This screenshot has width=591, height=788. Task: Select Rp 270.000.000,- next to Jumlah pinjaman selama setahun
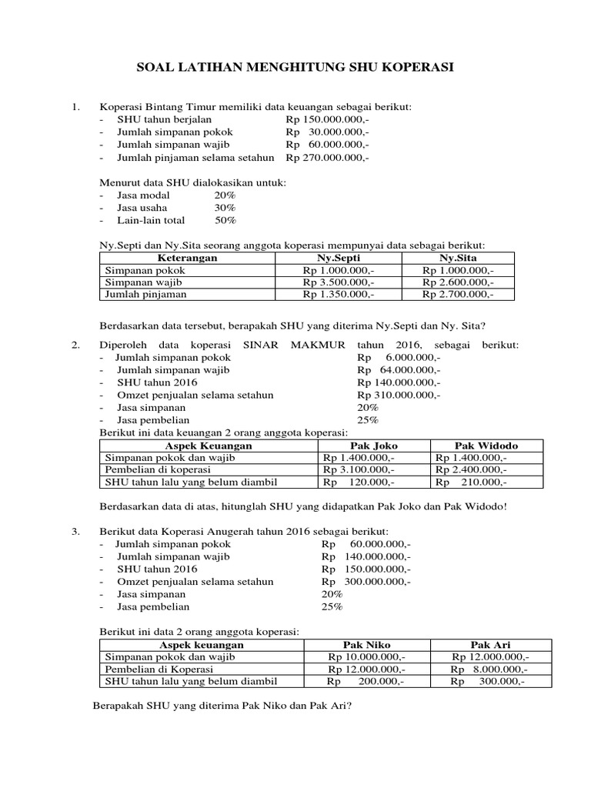tap(327, 158)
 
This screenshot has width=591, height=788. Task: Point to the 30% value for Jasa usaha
tap(225, 208)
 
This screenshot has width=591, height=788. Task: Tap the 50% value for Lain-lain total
tap(225, 220)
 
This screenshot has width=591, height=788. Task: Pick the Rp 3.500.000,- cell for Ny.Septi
tap(339, 282)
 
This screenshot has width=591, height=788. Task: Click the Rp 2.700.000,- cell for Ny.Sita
tap(459, 294)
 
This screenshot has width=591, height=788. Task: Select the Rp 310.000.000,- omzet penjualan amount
tap(399, 395)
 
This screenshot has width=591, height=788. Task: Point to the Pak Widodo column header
tap(486, 446)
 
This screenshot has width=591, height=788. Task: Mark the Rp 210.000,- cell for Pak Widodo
tap(471, 482)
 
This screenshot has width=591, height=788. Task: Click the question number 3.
tap(75, 532)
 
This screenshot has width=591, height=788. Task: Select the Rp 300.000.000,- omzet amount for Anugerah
tap(367, 582)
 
